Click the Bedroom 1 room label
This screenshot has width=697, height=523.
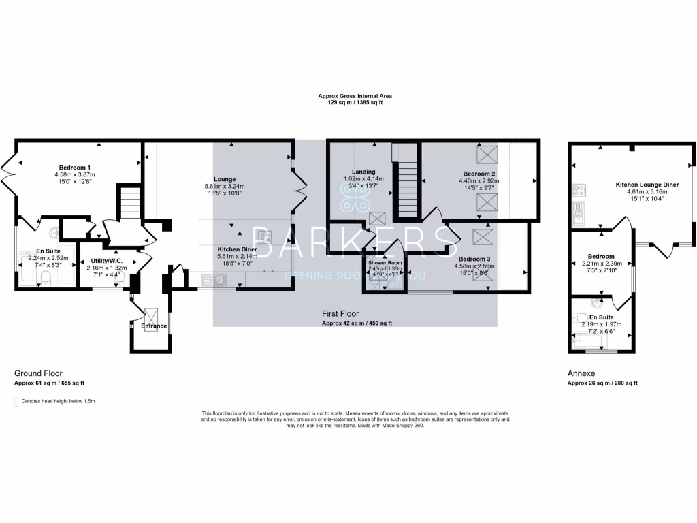[75, 168]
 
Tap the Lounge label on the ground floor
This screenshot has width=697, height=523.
[224, 179]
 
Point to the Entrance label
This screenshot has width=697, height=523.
[154, 326]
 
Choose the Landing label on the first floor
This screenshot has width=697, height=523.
[363, 172]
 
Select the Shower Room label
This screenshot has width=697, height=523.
[385, 262]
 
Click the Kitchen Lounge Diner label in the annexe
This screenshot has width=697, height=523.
[647, 185]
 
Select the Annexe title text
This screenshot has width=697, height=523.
[581, 374]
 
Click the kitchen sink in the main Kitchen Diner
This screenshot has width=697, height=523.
[216, 279]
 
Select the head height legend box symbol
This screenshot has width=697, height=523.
[16, 402]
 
